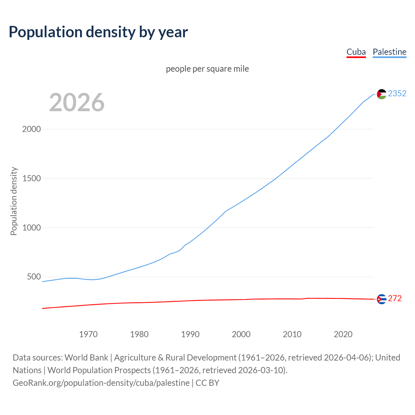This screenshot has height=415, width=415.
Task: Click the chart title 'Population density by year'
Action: [98, 32]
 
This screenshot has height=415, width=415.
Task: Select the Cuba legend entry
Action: [356, 52]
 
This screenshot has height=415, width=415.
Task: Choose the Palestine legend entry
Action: [389, 52]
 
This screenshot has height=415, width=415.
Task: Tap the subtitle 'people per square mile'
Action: [207, 69]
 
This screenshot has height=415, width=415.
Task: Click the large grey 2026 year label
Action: [77, 102]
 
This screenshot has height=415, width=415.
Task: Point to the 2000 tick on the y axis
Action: [31, 129]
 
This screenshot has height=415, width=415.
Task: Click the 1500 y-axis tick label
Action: [31, 178]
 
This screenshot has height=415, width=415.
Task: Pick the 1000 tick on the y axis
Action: [31, 228]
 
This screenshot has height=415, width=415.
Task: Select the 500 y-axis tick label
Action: [34, 277]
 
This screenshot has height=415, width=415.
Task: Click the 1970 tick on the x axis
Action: [89, 334]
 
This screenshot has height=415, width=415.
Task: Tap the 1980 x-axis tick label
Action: [139, 334]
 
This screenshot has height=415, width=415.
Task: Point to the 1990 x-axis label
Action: [190, 334]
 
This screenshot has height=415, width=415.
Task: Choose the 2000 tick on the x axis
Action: [241, 334]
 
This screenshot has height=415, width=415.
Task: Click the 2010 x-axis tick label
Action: [292, 334]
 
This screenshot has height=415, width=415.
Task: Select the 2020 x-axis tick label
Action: [343, 334]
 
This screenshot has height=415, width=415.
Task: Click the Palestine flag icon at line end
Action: [382, 94]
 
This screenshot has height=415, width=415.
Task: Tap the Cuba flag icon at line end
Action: [382, 299]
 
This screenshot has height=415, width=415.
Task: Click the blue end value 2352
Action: [397, 94]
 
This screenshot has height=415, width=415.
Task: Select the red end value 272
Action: [395, 299]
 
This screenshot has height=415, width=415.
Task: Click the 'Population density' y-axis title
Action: [14, 201]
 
